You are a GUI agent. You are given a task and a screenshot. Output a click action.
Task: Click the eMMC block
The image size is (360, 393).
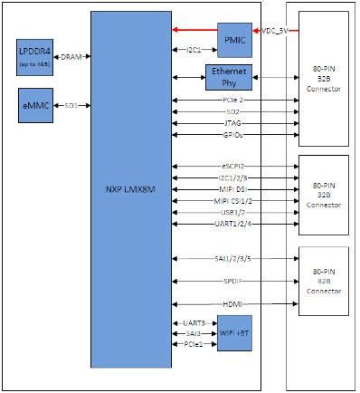pos(35,107)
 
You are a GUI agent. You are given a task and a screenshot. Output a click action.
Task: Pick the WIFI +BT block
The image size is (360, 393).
pos(235,332)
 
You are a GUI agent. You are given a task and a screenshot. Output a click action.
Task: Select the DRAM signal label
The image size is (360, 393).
pos(70,57)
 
